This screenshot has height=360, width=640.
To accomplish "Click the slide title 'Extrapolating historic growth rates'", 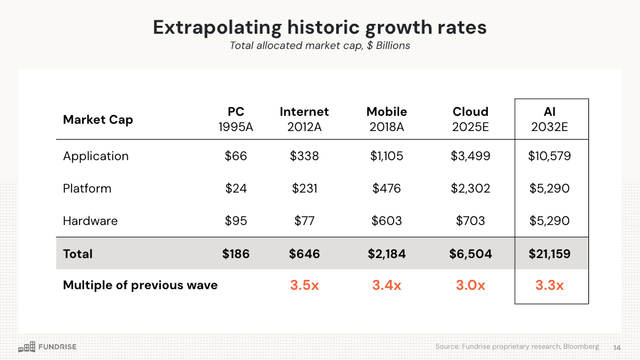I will coord(320,27).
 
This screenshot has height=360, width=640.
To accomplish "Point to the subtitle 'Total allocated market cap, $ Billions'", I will coord(320,46).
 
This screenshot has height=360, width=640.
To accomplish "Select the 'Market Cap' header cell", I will coord(98,120).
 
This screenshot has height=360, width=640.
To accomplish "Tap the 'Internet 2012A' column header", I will coord(304,119).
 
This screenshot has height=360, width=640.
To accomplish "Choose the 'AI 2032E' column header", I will coord(549,119).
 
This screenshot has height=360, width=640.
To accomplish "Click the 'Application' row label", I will coord(96,156).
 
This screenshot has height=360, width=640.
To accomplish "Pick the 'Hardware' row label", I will coord(91,221).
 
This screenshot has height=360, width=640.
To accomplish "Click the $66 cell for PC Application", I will coord(236,156).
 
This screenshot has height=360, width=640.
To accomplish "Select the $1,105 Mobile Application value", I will coord(387,156).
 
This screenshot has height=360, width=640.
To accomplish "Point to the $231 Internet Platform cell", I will coord(304,189).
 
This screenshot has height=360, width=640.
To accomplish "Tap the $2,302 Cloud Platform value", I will coord(471,189).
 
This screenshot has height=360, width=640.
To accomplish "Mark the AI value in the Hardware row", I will coord(549,221).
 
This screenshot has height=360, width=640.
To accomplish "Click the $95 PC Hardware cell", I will coord(236,221).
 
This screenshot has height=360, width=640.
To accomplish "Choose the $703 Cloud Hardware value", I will coord(471,221).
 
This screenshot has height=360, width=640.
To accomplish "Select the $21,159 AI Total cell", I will coord(549,253).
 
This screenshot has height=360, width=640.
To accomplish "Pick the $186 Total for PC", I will coord(236,253).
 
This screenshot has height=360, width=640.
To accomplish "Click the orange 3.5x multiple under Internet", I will coord(304,285).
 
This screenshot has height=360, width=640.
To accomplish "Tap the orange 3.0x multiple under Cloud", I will coord(471,285).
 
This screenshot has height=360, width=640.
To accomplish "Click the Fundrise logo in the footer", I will coord(47,347).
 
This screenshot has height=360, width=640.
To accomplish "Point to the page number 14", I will coord(617,347).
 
